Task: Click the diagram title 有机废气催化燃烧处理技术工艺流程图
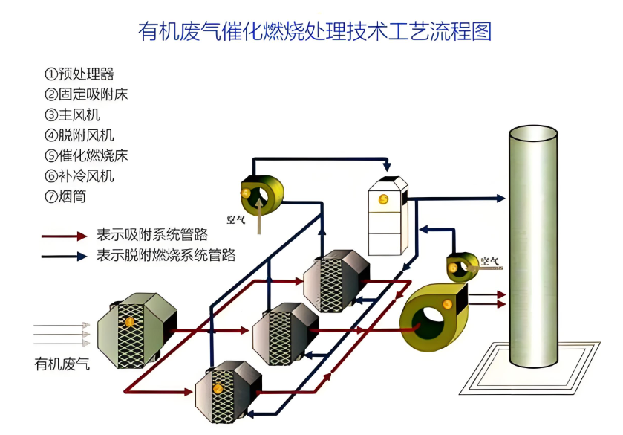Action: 315,31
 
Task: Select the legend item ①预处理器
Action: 79,74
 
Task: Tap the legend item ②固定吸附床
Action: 86,94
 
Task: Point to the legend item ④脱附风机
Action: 79,135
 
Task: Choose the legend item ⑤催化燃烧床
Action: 86,156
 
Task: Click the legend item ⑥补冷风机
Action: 79,176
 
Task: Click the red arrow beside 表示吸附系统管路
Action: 65,236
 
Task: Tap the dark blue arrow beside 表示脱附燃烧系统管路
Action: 65,257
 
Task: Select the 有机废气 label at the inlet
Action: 62,364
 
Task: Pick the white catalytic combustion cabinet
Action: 388,216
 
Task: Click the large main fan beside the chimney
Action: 434,316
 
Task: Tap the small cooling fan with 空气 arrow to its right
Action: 462,266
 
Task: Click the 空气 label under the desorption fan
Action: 237,219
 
